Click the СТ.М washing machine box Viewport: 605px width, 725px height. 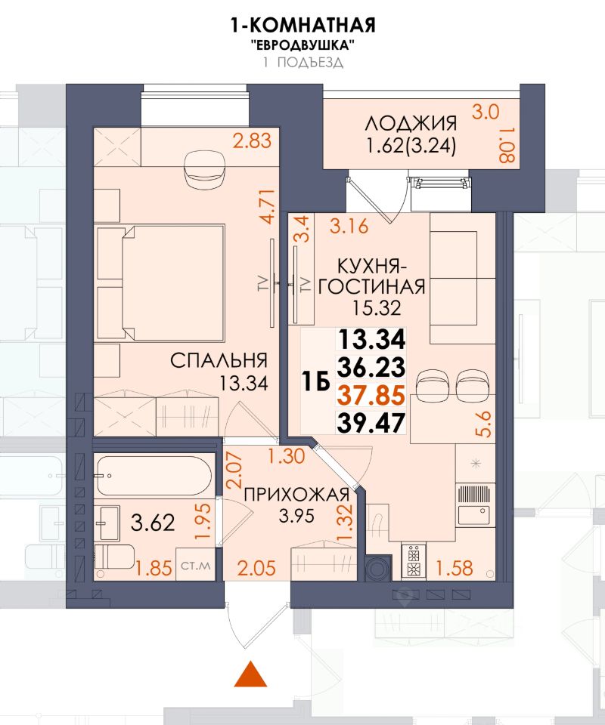(x=195, y=565)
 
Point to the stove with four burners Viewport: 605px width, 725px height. (x=413, y=560)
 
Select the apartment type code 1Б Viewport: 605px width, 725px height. (x=315, y=381)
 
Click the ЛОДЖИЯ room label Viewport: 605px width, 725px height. (x=411, y=123)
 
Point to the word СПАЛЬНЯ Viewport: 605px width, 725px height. (x=219, y=361)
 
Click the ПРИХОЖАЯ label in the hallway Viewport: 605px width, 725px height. (x=296, y=495)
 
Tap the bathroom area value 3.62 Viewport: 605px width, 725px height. (x=153, y=523)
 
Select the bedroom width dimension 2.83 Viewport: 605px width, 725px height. (x=253, y=140)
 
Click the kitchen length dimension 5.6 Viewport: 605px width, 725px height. (x=486, y=425)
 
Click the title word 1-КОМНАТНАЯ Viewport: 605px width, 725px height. (x=302, y=25)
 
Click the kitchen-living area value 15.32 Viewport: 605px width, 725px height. (x=376, y=308)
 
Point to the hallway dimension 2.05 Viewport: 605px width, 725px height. (x=257, y=567)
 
